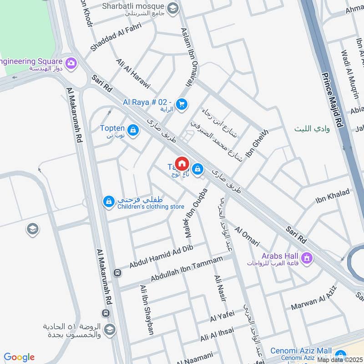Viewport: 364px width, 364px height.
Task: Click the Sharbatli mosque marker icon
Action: coord(172,8)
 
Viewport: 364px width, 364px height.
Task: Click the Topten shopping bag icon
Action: coord(133,131)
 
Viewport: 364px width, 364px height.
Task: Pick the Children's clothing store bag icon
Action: coord(108,201)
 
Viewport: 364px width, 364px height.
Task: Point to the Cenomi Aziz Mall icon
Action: coord(339,354)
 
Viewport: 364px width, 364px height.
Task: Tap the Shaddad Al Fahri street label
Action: coord(116,36)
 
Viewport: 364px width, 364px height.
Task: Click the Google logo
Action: coord(19,357)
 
